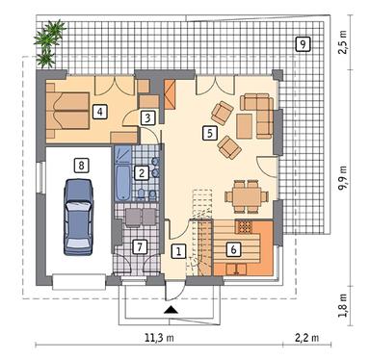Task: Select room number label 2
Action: [142, 173]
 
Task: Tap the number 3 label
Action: [146, 117]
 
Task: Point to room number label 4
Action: [99, 111]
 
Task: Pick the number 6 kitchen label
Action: [232, 247]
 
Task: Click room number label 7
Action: [140, 246]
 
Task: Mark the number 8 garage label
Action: [82, 166]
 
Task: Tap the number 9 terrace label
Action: [303, 43]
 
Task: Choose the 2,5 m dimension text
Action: [343, 45]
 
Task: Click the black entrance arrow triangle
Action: [171, 310]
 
